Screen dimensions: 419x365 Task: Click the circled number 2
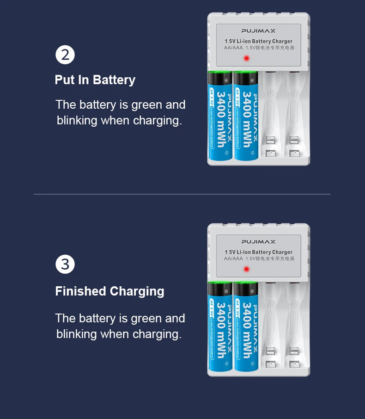click(65, 55)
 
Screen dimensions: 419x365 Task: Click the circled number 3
click(65, 265)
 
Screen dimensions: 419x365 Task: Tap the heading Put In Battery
click(95, 80)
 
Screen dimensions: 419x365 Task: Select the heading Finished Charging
click(109, 291)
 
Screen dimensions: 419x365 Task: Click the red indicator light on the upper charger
click(246, 58)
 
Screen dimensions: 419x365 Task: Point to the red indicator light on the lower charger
click(246, 269)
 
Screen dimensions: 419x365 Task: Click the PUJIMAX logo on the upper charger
click(258, 31)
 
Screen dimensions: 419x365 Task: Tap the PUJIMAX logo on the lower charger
click(258, 242)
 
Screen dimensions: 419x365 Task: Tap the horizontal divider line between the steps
click(182, 194)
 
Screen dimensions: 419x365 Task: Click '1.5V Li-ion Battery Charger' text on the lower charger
click(258, 252)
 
